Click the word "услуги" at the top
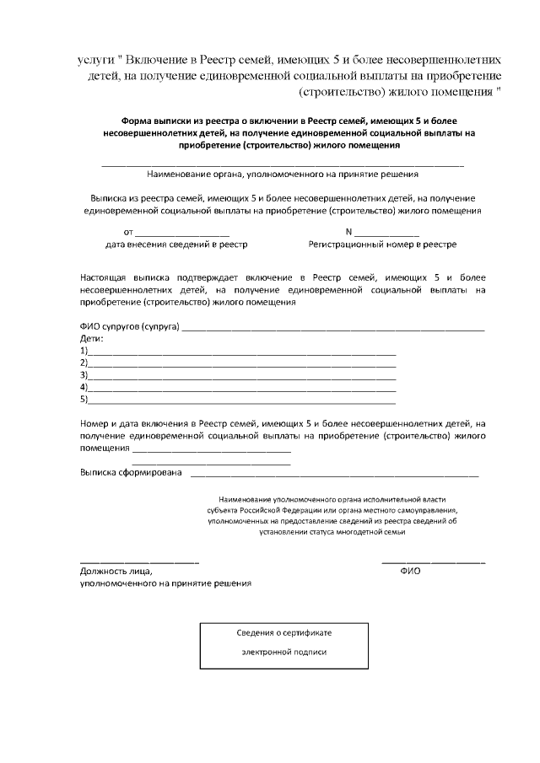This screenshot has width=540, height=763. click(x=95, y=61)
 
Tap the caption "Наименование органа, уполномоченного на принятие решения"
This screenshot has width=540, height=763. click(x=282, y=175)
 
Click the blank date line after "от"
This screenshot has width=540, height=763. click(x=182, y=232)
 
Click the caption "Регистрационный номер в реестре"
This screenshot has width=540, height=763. click(x=382, y=244)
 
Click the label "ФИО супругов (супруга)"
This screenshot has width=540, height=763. click(x=130, y=327)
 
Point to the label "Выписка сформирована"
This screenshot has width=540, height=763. click(x=131, y=473)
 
